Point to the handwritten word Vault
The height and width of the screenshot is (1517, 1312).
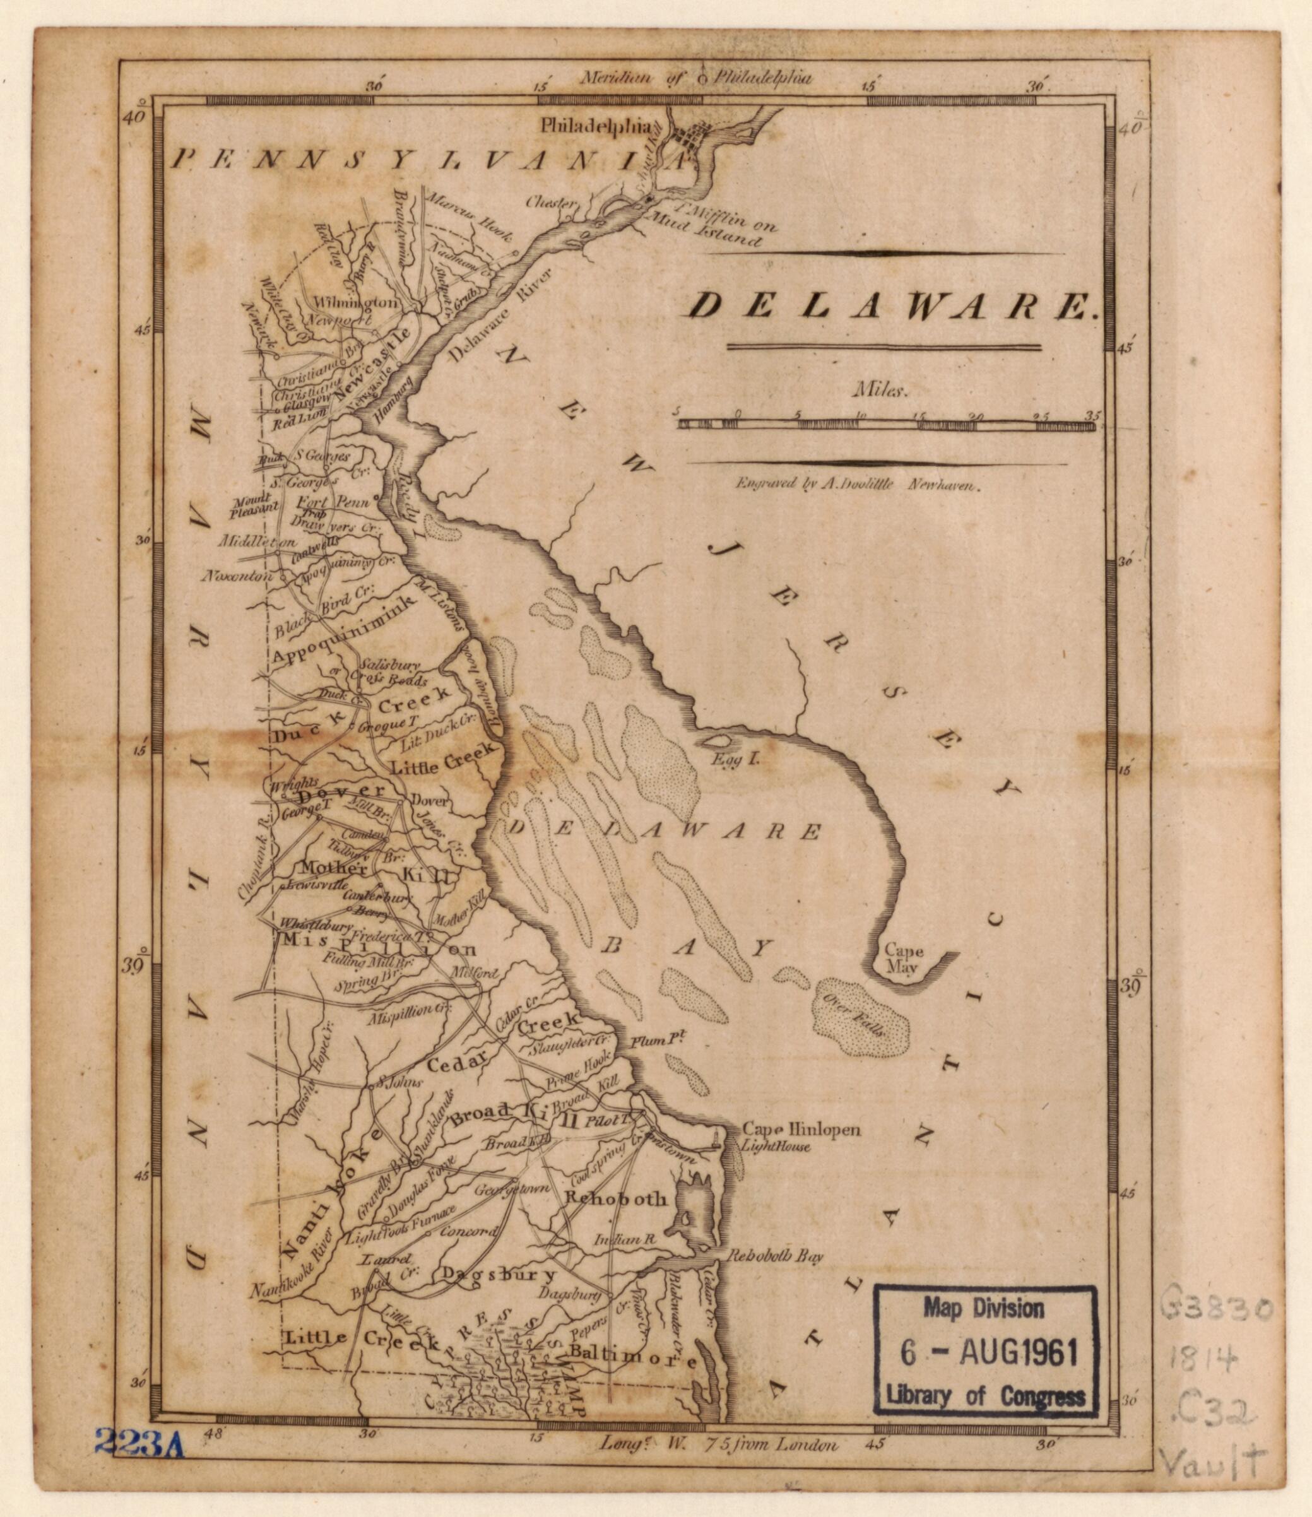[x=1219, y=1443]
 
